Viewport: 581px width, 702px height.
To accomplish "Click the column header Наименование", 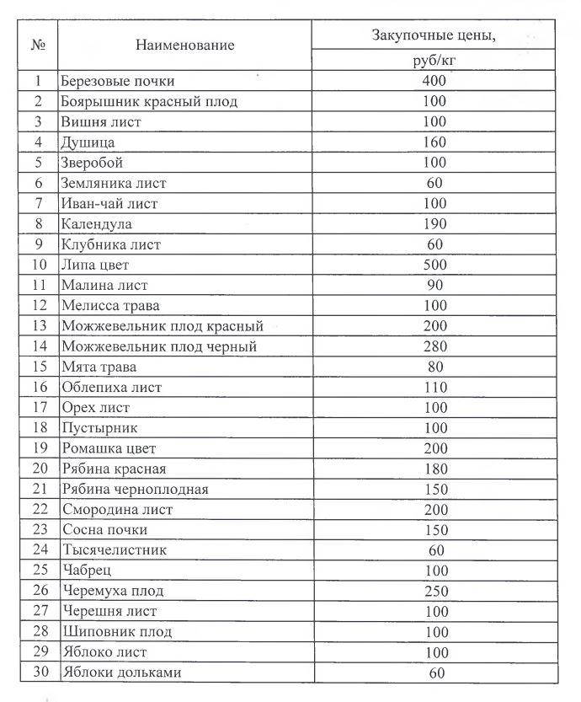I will point(184,45).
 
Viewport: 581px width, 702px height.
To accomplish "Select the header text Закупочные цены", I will point(433,35).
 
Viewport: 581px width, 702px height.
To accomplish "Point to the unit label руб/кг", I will point(434,62).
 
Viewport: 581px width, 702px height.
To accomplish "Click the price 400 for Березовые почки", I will point(434,82).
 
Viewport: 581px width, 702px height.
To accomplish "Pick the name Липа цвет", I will point(95,265).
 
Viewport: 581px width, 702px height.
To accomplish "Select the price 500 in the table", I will point(434,265).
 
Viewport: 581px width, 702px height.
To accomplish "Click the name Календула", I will point(96,224).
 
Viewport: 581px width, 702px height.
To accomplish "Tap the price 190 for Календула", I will point(434,224).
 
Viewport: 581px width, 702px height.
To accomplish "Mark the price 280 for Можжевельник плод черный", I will point(434,346).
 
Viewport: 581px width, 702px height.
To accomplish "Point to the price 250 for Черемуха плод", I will point(434,591).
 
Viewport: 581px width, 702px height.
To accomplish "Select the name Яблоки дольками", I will point(120,673).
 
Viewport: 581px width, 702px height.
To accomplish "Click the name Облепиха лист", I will point(111,388).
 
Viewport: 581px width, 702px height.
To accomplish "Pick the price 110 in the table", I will point(434,388).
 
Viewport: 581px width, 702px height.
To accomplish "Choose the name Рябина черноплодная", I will point(135,489).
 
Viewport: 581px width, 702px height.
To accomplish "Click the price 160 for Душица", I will point(434,142).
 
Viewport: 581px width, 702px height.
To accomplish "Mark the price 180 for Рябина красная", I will point(434,469).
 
